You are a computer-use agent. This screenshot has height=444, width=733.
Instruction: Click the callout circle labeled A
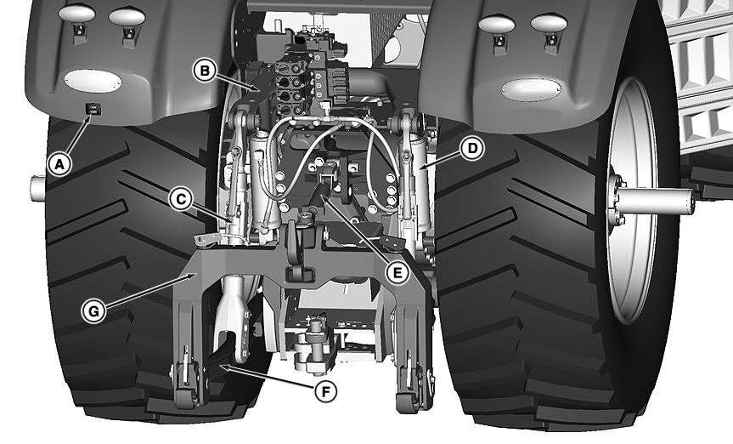coord(59,165)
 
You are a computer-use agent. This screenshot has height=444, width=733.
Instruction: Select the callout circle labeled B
coord(205,71)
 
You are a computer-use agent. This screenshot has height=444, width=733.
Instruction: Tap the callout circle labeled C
coord(180,199)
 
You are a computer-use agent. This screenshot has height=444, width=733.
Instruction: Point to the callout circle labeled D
coord(472,149)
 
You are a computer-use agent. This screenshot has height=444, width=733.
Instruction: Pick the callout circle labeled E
coord(398,272)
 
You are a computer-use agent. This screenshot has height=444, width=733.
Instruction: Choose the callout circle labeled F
coord(325,390)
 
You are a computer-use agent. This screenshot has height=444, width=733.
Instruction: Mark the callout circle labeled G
coord(93,311)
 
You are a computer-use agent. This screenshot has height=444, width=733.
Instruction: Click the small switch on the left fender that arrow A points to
coord(92,110)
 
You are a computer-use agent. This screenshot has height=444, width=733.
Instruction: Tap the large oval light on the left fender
coord(93,81)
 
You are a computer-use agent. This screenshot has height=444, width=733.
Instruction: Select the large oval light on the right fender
coord(531,88)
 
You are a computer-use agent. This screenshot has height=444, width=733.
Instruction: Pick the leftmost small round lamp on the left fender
coord(77,13)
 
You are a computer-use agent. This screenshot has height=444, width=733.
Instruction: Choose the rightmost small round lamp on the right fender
coord(549,22)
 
